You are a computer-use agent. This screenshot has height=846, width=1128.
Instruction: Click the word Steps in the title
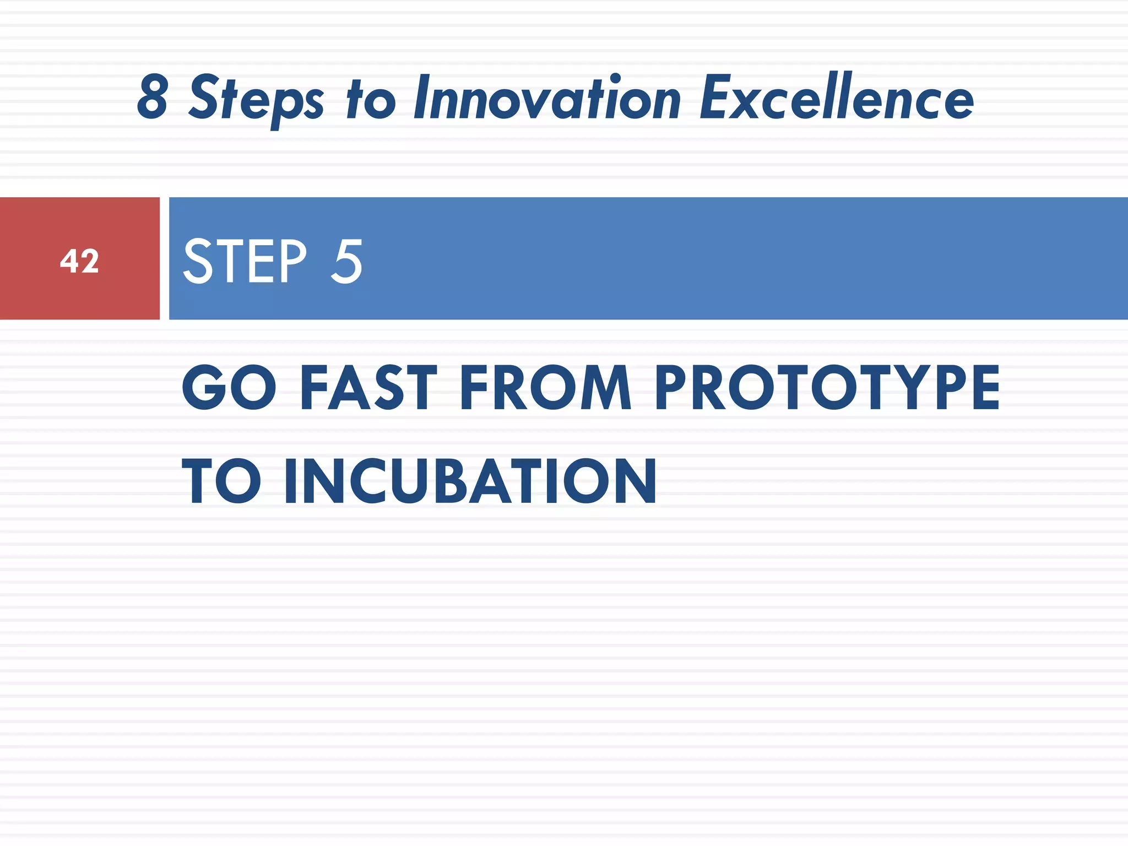click(256, 99)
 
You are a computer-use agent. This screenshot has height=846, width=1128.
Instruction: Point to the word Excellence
click(836, 98)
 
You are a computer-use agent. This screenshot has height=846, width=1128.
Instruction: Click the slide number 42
click(79, 261)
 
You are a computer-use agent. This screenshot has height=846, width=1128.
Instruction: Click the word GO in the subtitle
click(229, 388)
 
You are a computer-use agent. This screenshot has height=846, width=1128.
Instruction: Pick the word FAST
click(368, 388)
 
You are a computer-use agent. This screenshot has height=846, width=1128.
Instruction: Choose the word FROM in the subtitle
click(545, 388)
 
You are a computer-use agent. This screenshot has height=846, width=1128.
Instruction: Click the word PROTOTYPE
click(827, 388)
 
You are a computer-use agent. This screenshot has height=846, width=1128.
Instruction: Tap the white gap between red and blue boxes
click(164, 259)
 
